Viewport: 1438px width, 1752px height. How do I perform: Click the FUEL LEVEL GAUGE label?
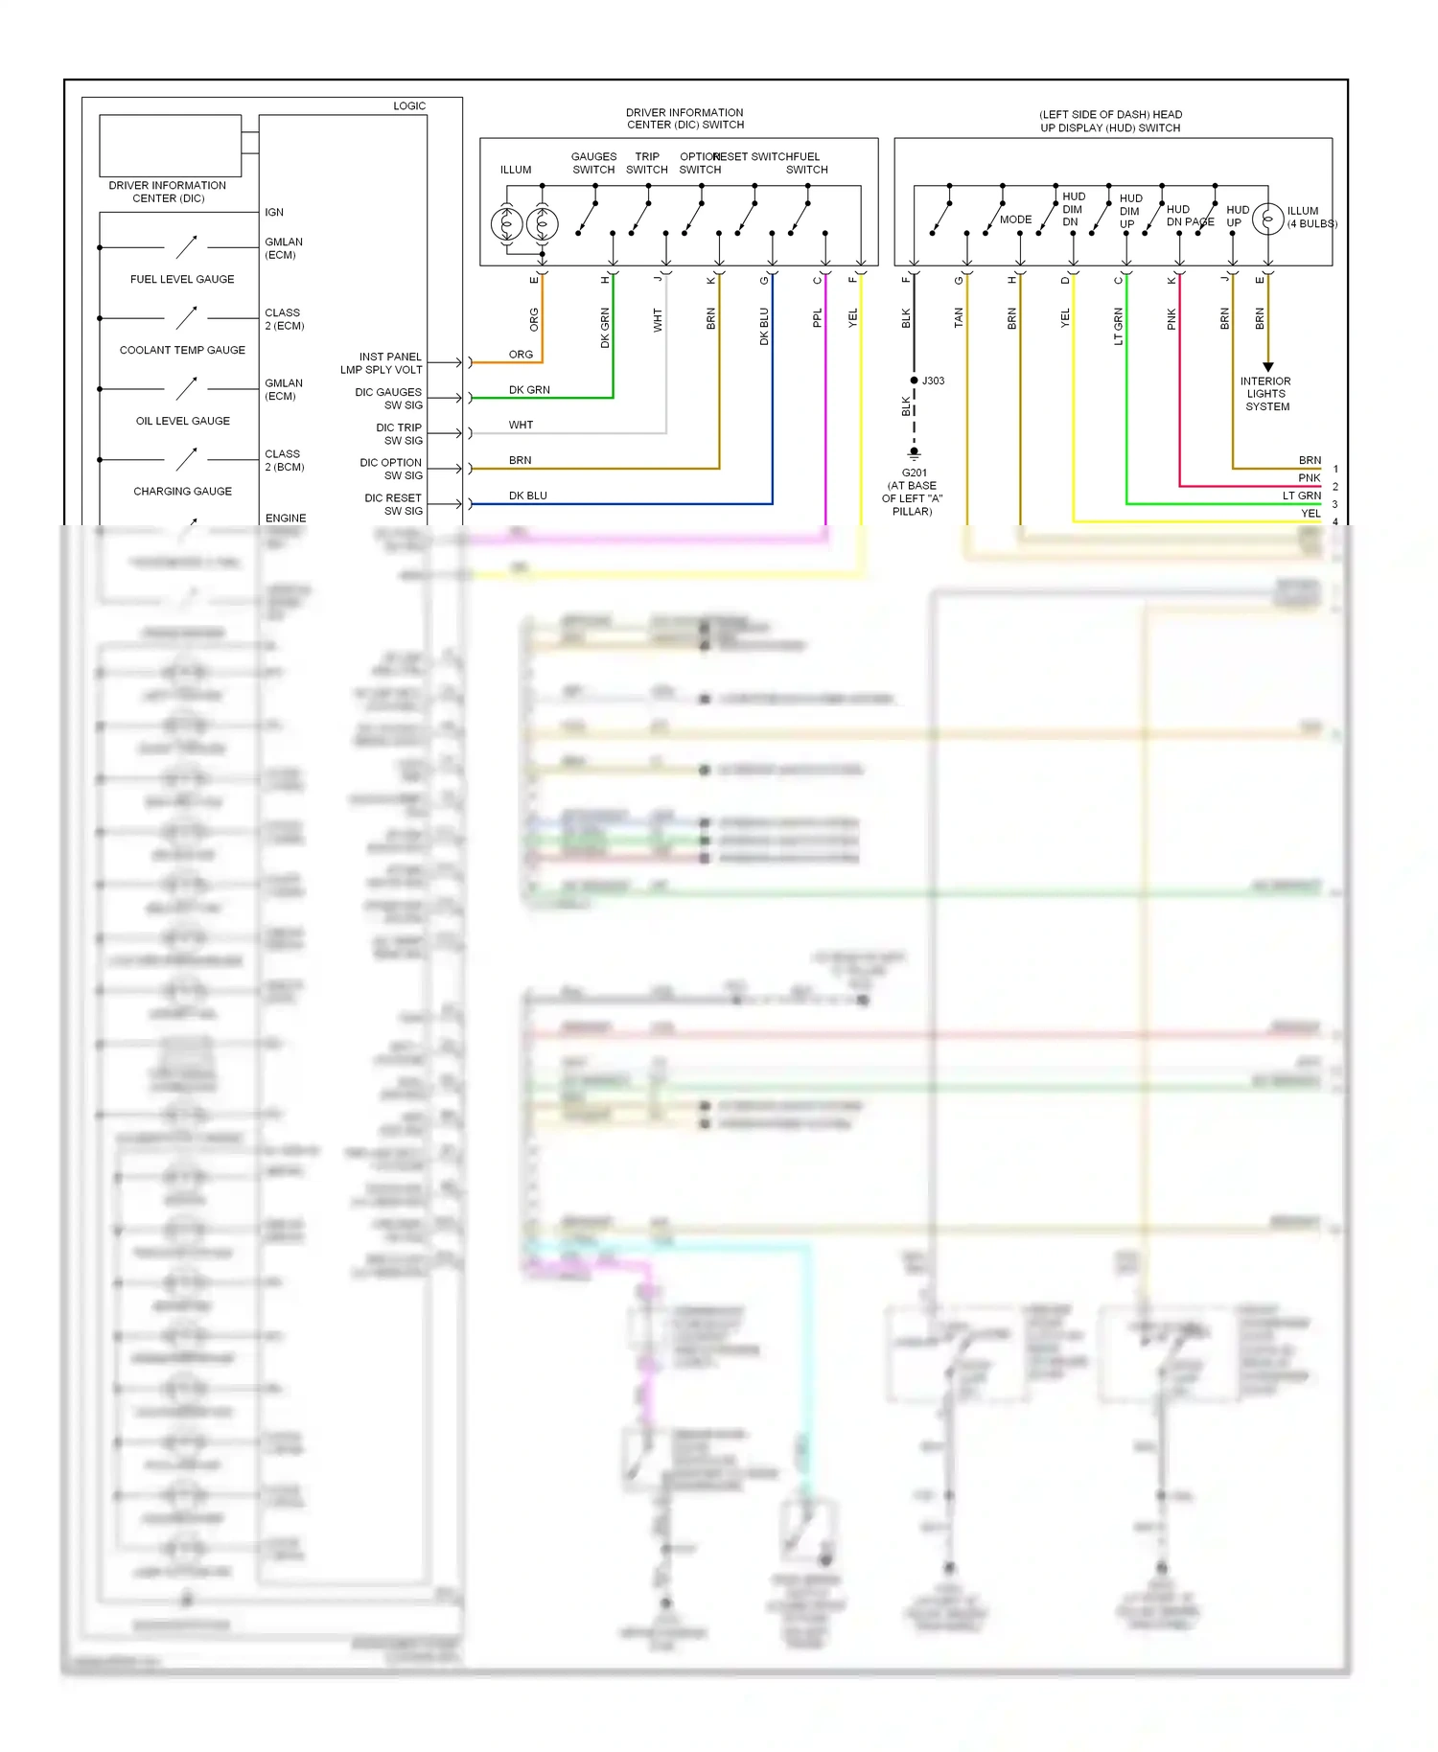182,279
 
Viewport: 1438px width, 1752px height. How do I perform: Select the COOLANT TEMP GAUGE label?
182,350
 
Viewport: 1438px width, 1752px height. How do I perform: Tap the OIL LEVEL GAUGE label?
182,421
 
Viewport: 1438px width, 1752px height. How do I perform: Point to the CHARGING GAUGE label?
182,491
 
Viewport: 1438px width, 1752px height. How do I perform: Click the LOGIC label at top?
409,106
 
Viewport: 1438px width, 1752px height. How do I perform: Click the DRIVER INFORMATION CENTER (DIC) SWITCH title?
684,119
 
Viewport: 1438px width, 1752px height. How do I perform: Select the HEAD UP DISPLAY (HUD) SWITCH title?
1110,121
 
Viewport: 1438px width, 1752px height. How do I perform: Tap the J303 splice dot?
915,380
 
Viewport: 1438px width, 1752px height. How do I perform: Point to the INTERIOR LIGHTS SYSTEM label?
1266,394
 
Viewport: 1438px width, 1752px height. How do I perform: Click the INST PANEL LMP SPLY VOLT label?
382,363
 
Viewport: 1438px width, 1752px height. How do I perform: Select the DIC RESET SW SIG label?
393,504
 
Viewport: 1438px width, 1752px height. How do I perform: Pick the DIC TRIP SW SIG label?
399,434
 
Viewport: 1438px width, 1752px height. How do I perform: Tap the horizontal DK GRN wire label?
529,390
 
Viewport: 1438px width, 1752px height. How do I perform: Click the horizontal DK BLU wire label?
528,496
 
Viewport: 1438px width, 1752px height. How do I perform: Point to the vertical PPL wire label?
818,318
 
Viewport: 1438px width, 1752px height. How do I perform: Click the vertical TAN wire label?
959,318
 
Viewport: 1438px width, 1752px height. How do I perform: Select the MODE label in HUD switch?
1015,219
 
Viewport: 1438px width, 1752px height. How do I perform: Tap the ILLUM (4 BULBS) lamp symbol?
1267,219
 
